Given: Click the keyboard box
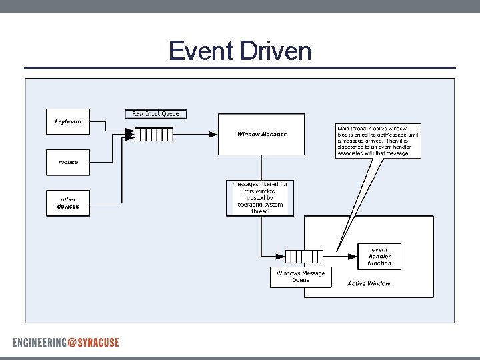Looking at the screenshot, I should click(68, 121).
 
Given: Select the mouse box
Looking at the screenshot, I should click(68, 162).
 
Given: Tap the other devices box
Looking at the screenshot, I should click(68, 203).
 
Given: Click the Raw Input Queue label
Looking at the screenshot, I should click(156, 114).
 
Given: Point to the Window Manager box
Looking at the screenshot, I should click(261, 134).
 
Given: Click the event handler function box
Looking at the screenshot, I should click(379, 256).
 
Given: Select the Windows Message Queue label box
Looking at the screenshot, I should click(301, 277).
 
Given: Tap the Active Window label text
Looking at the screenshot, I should click(369, 283).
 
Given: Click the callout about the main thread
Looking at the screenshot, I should click(379, 141).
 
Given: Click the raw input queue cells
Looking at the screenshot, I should click(154, 135).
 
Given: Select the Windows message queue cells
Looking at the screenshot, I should click(304, 256).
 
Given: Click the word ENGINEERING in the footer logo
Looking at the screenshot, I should click(39, 342).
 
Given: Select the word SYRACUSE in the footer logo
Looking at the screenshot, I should click(99, 342).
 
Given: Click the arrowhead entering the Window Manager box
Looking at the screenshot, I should click(213, 134).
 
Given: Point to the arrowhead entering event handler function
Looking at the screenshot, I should click(353, 256).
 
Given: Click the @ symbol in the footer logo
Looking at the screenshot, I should click(72, 342).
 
